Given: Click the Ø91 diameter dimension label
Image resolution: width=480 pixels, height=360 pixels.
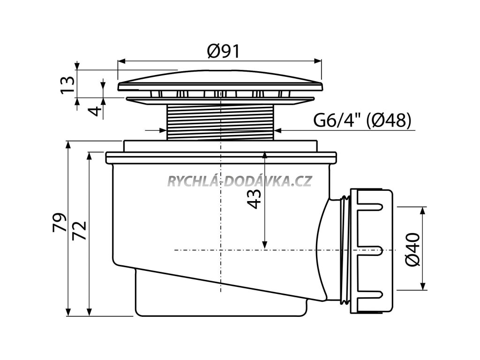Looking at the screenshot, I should coord(223,51).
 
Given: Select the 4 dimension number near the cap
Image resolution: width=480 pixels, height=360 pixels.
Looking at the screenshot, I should coord(95,112).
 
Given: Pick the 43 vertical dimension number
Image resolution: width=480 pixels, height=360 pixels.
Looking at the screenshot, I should coord(254,199).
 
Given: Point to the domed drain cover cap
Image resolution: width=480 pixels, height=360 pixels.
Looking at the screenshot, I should coord(220,81).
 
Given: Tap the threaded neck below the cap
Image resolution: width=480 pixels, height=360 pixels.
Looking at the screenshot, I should coord(220,121).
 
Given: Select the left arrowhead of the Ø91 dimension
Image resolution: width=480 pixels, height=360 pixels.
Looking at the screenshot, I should coord(120,61).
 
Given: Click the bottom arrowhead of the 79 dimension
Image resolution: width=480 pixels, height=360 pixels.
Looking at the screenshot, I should coord(68,312).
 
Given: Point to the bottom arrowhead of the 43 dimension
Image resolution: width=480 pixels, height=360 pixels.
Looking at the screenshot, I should coord(265,245).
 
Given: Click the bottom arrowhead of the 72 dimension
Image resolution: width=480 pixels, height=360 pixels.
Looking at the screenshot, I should coord(89,312).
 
